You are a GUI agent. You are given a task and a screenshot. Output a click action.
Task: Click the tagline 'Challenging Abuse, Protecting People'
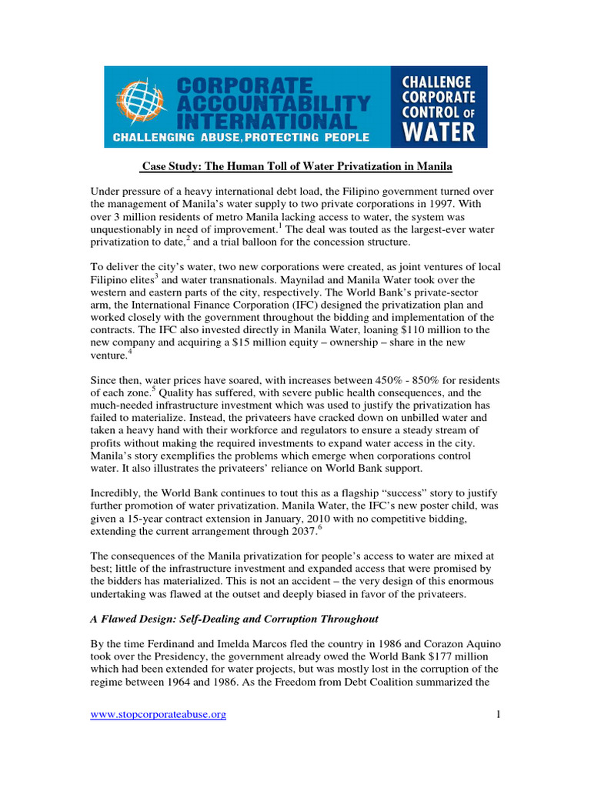coord(242,138)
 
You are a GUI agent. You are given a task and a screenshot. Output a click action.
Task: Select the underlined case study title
coord(295,167)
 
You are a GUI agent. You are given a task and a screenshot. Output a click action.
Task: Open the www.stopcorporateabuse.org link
coord(159,715)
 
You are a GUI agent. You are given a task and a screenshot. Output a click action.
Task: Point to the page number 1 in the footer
coord(498,715)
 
